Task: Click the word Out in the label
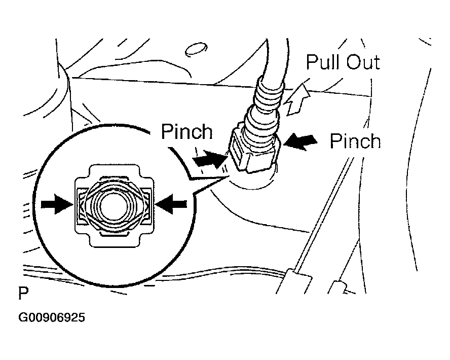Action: pos(363,62)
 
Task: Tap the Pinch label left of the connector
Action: pos(187,131)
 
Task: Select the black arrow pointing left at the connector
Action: pos(301,142)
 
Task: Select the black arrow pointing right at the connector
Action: pos(210,159)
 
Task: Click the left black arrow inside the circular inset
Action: pos(57,204)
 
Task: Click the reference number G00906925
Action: pos(52,317)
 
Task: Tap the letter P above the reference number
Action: pos(23,293)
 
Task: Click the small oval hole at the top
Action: pos(196,50)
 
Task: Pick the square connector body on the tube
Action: pos(254,151)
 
